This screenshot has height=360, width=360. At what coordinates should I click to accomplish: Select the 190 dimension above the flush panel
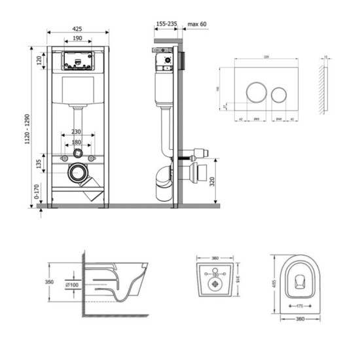coord(78,39)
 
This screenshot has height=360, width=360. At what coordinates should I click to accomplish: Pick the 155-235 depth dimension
coord(166,25)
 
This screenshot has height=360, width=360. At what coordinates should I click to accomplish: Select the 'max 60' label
coord(198,25)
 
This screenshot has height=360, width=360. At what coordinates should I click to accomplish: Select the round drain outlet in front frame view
coord(78,174)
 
